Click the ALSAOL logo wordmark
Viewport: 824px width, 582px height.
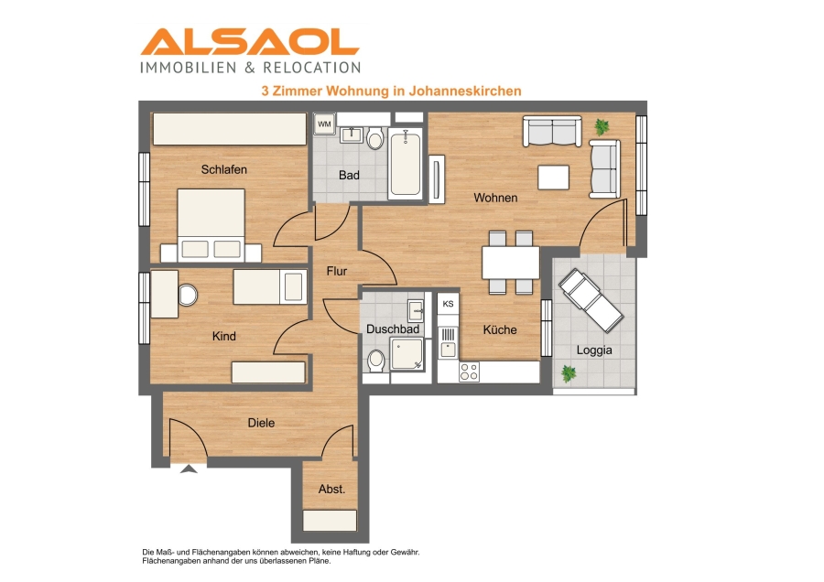click(250, 41)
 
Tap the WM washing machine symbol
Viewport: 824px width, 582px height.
click(324, 124)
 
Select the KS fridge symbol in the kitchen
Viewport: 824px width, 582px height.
click(448, 304)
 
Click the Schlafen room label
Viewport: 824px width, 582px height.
click(224, 169)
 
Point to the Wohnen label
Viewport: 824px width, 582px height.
click(495, 198)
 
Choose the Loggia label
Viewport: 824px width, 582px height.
click(594, 350)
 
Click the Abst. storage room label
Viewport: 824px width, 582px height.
click(331, 489)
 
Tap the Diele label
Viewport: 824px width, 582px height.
click(261, 423)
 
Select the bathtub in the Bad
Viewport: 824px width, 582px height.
click(406, 164)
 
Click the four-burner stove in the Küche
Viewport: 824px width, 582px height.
click(470, 372)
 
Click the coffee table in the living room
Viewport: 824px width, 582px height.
click(553, 178)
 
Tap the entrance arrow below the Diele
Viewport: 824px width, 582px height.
click(189, 469)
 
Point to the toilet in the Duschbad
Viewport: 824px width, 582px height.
click(376, 361)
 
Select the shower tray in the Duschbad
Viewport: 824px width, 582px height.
click(407, 353)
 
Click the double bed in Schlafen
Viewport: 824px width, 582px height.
click(211, 225)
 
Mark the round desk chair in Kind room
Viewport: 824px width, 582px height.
click(188, 295)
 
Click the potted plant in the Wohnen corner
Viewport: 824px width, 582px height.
click(602, 126)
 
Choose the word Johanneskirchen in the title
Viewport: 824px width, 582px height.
click(465, 91)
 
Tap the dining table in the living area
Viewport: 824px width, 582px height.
click(511, 263)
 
